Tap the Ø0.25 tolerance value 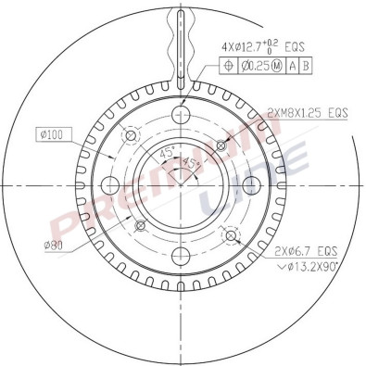pos(251,64)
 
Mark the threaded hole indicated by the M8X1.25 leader pos(221,144)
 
